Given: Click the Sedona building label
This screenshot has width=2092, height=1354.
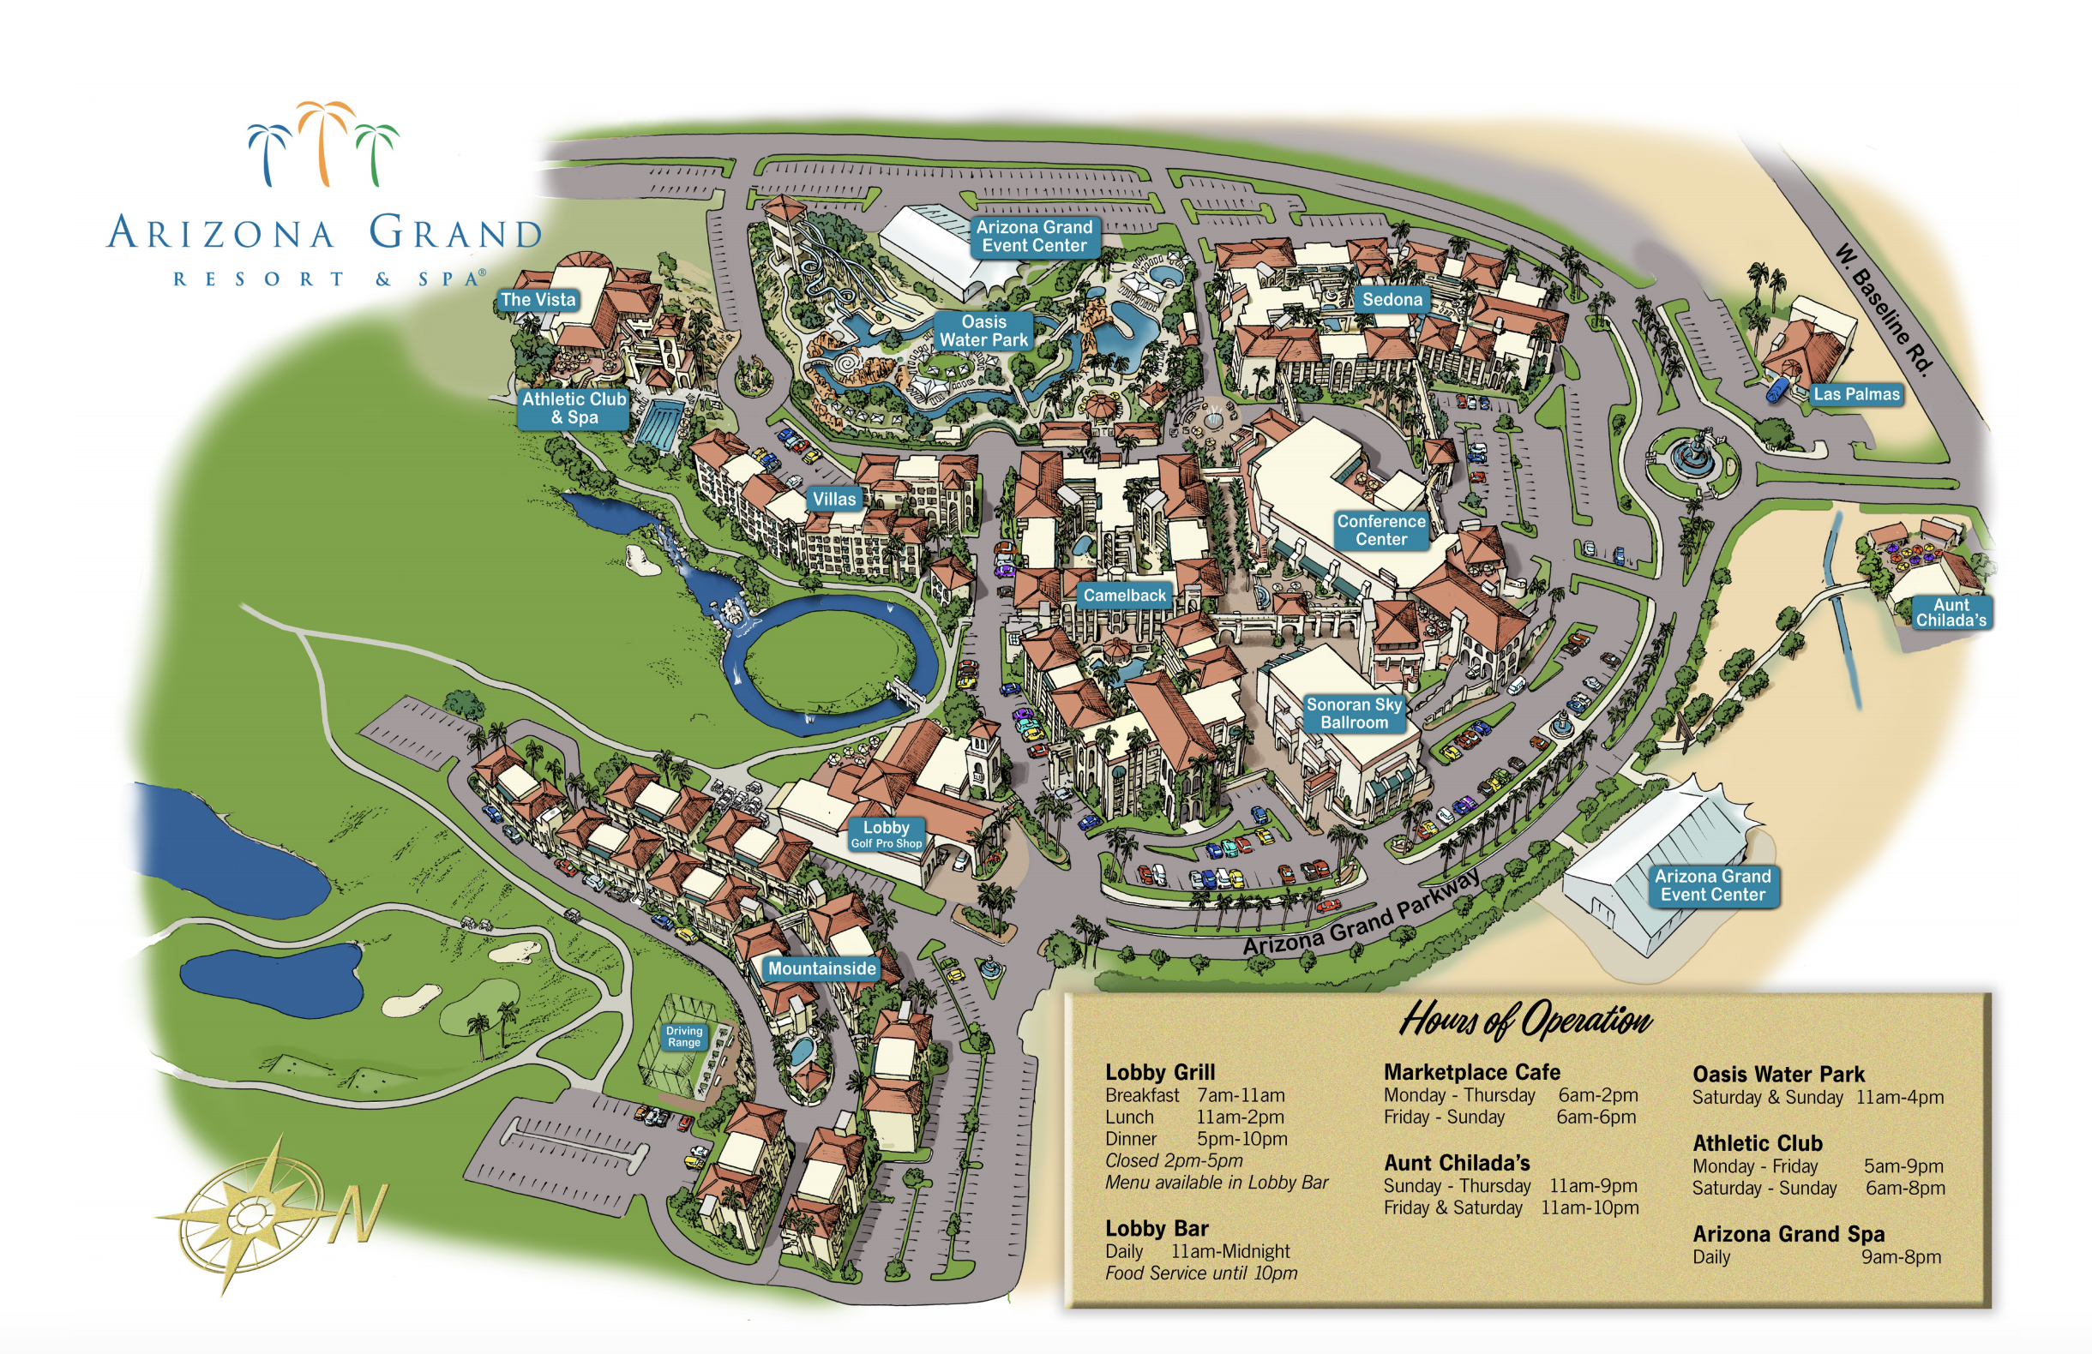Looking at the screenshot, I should coord(1392,300).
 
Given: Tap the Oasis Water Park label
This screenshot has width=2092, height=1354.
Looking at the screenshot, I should coord(983,332).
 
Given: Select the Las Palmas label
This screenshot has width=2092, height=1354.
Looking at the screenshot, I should coord(1855,394).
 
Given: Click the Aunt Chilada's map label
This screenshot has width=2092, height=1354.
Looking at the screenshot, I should coord(1951,613).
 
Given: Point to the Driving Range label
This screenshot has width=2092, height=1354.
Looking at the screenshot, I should coord(683,1037).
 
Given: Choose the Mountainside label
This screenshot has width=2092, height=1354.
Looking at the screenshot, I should coord(822,968).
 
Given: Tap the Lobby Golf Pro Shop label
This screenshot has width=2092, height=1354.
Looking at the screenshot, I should coord(886,834).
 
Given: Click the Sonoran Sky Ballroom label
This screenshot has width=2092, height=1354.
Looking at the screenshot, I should coord(1354,714).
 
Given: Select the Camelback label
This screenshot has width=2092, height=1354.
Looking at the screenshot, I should coord(1124,596).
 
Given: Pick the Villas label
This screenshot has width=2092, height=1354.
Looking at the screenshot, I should coord(833,499).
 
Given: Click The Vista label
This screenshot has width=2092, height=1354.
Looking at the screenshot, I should coord(538,300).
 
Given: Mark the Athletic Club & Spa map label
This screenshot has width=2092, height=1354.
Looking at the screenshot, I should coord(574,408).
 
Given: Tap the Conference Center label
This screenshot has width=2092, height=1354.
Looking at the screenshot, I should coord(1381,530).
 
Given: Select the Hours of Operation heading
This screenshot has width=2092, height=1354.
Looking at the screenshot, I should coord(1525,1020).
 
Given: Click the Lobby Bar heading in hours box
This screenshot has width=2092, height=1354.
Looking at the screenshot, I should coord(1156,1228).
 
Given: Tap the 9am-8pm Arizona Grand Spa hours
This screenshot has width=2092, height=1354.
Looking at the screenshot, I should coord(1901,1257).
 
